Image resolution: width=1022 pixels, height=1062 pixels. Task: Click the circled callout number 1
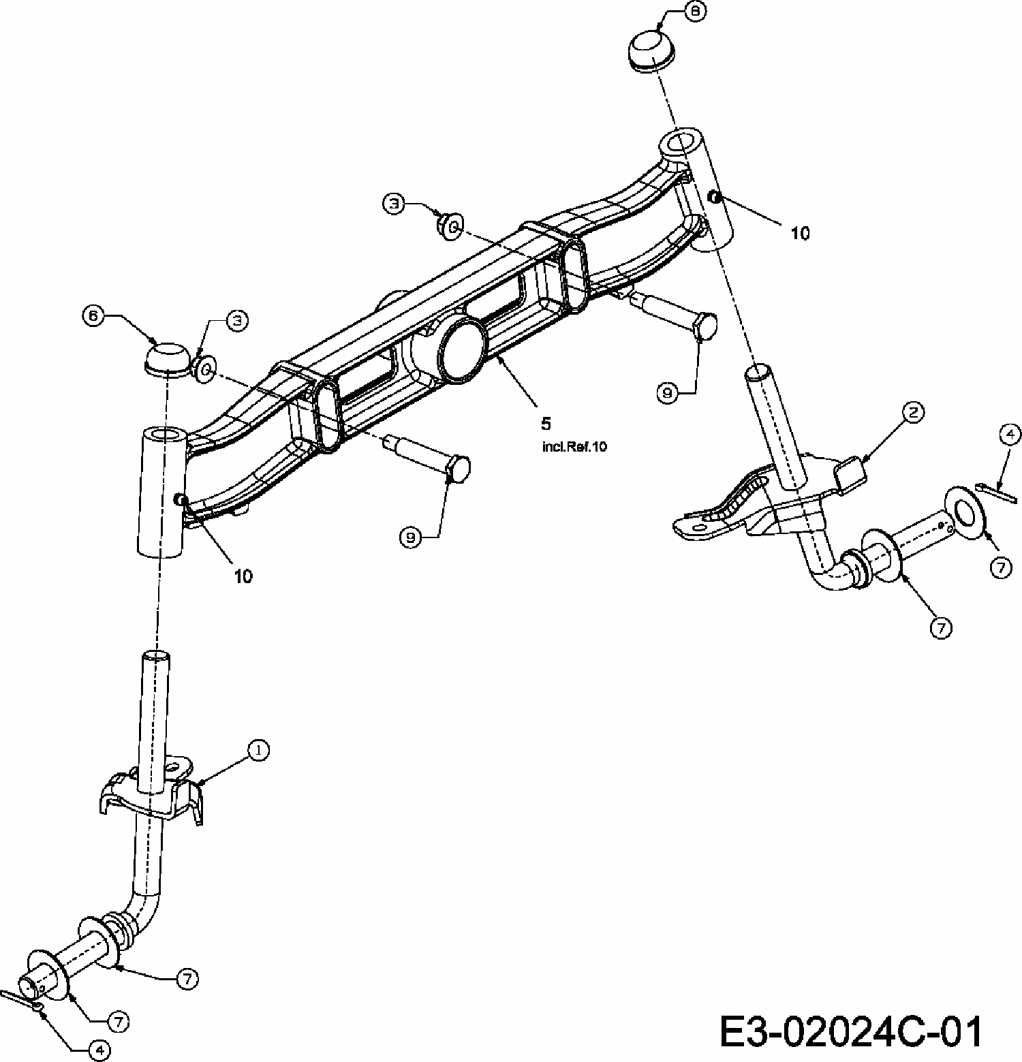[x=258, y=750]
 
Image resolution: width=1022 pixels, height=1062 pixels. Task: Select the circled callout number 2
[x=913, y=411]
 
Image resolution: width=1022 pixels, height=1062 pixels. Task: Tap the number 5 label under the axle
[x=545, y=424]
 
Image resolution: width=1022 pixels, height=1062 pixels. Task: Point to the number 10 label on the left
[x=243, y=576]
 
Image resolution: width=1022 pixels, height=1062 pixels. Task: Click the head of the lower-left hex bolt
[x=458, y=469]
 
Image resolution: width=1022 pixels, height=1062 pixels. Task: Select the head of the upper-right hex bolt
[x=704, y=326]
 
